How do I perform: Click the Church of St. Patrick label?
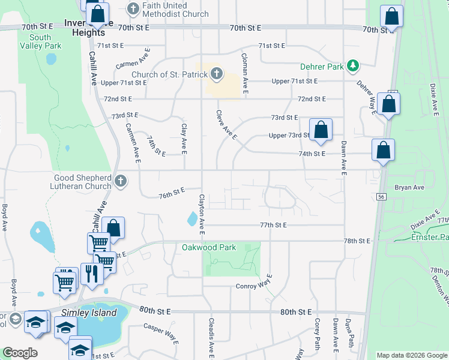point(169,75)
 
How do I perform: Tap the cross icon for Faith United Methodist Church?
point(133,8)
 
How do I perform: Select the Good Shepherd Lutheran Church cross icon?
point(121,181)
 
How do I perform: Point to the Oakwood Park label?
point(209,247)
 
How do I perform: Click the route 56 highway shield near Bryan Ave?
point(381,196)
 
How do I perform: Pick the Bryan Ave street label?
point(409,187)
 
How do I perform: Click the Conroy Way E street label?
point(254,286)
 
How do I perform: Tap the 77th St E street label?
point(274,225)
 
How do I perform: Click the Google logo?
point(20,353)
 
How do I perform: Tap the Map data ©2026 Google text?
point(411,355)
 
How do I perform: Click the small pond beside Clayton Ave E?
point(191,219)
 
